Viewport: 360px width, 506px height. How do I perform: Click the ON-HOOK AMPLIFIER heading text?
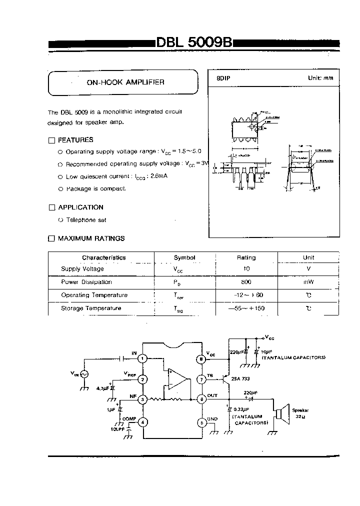[125, 82]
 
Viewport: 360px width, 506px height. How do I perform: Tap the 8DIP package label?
[223, 78]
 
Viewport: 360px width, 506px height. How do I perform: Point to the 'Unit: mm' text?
[320, 78]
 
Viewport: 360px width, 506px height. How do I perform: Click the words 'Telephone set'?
[86, 220]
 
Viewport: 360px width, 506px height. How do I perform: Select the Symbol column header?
[184, 258]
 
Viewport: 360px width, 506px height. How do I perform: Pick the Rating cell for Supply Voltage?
[246, 269]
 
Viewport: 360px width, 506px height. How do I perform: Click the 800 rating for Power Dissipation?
[246, 282]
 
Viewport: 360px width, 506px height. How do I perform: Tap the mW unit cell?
[308, 282]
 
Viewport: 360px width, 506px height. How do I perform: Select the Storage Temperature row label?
[91, 308]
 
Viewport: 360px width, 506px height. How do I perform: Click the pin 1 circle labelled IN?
[143, 358]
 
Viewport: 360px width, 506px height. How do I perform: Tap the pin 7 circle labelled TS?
[201, 378]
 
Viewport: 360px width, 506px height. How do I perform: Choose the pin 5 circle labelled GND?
[201, 422]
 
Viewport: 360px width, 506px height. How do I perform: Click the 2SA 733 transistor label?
[240, 379]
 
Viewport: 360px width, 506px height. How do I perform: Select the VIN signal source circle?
[84, 374]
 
